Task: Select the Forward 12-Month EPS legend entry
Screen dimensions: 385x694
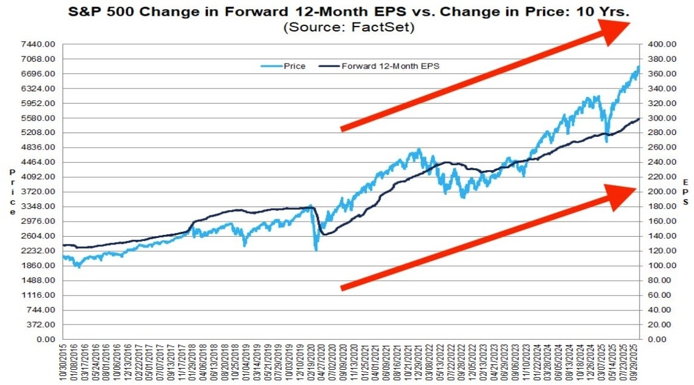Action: click(390, 66)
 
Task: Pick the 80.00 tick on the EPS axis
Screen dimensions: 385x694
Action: click(659, 280)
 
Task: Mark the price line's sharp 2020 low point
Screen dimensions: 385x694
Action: click(316, 249)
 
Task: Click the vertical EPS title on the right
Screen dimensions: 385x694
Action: click(686, 192)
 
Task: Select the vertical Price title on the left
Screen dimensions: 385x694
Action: click(12, 192)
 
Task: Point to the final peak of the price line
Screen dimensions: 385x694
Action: click(638, 67)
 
